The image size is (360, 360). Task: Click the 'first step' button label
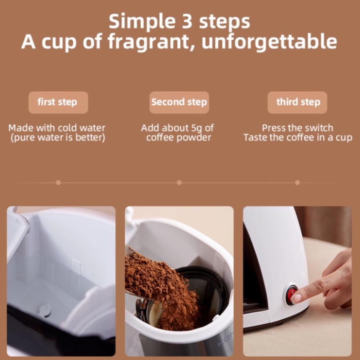(x=57, y=102)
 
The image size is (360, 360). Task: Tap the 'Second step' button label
(x=179, y=102)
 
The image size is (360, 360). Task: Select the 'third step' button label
(x=298, y=102)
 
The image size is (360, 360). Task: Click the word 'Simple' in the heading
(x=142, y=22)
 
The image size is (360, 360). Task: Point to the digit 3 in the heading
(x=187, y=21)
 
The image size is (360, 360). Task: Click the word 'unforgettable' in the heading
(x=269, y=41)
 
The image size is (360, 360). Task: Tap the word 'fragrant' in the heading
(x=151, y=42)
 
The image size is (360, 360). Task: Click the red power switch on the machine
(x=291, y=294)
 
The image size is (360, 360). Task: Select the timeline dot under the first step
(x=58, y=182)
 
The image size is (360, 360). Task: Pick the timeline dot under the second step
(x=180, y=182)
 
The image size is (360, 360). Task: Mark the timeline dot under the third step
(x=297, y=182)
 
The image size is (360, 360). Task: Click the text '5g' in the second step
(x=197, y=129)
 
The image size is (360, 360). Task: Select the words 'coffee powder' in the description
(x=179, y=138)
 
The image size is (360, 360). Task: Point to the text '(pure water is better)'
(x=58, y=138)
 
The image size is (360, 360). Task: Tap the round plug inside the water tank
(x=45, y=311)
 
